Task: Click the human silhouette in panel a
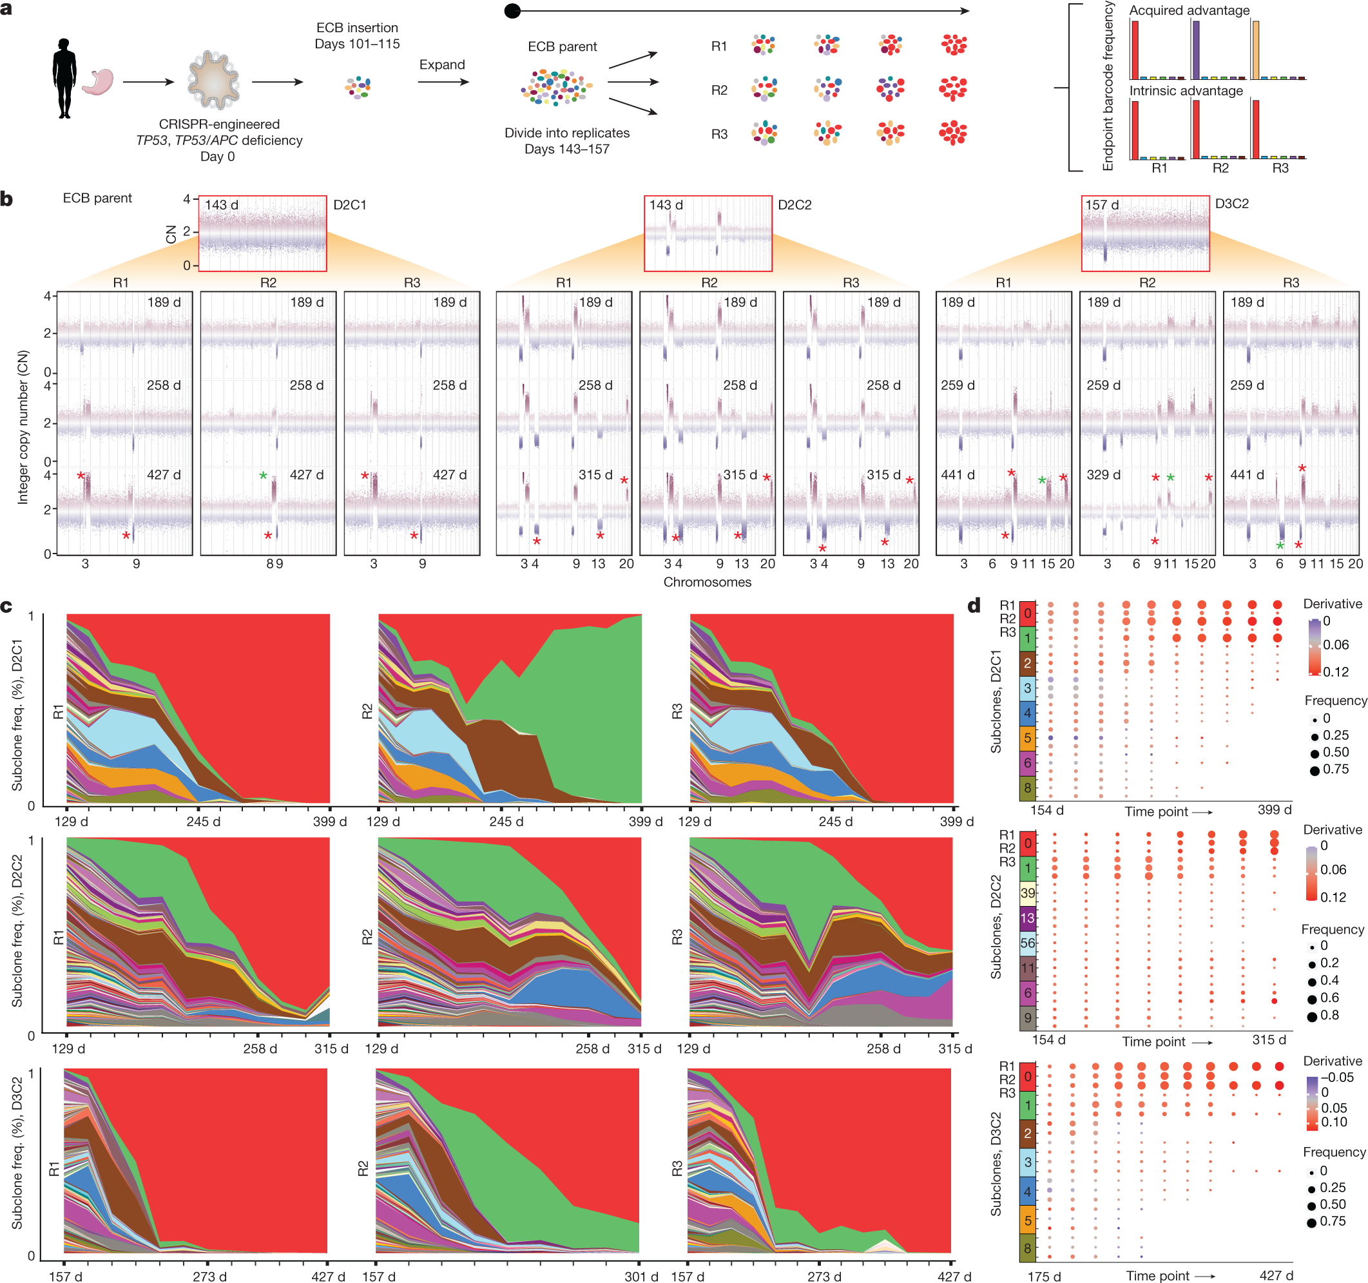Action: [64, 78]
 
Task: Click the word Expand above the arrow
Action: [442, 64]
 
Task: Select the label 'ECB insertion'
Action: [357, 28]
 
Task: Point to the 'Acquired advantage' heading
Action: [1189, 10]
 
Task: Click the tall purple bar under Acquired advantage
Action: [1196, 50]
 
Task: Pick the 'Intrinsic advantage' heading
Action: [1186, 91]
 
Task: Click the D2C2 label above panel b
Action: [795, 204]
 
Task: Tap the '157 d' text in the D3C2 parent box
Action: [1102, 205]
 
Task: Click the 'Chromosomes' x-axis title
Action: [707, 582]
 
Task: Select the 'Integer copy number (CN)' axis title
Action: [23, 427]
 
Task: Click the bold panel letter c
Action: [7, 606]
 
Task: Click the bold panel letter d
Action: [974, 606]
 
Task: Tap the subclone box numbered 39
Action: [1027, 892]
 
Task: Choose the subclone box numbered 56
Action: [1027, 943]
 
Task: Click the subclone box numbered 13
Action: [1027, 918]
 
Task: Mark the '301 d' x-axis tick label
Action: [641, 1276]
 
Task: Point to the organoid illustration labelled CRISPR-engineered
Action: [214, 81]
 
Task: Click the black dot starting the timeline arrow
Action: [513, 11]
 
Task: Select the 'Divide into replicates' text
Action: [567, 133]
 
